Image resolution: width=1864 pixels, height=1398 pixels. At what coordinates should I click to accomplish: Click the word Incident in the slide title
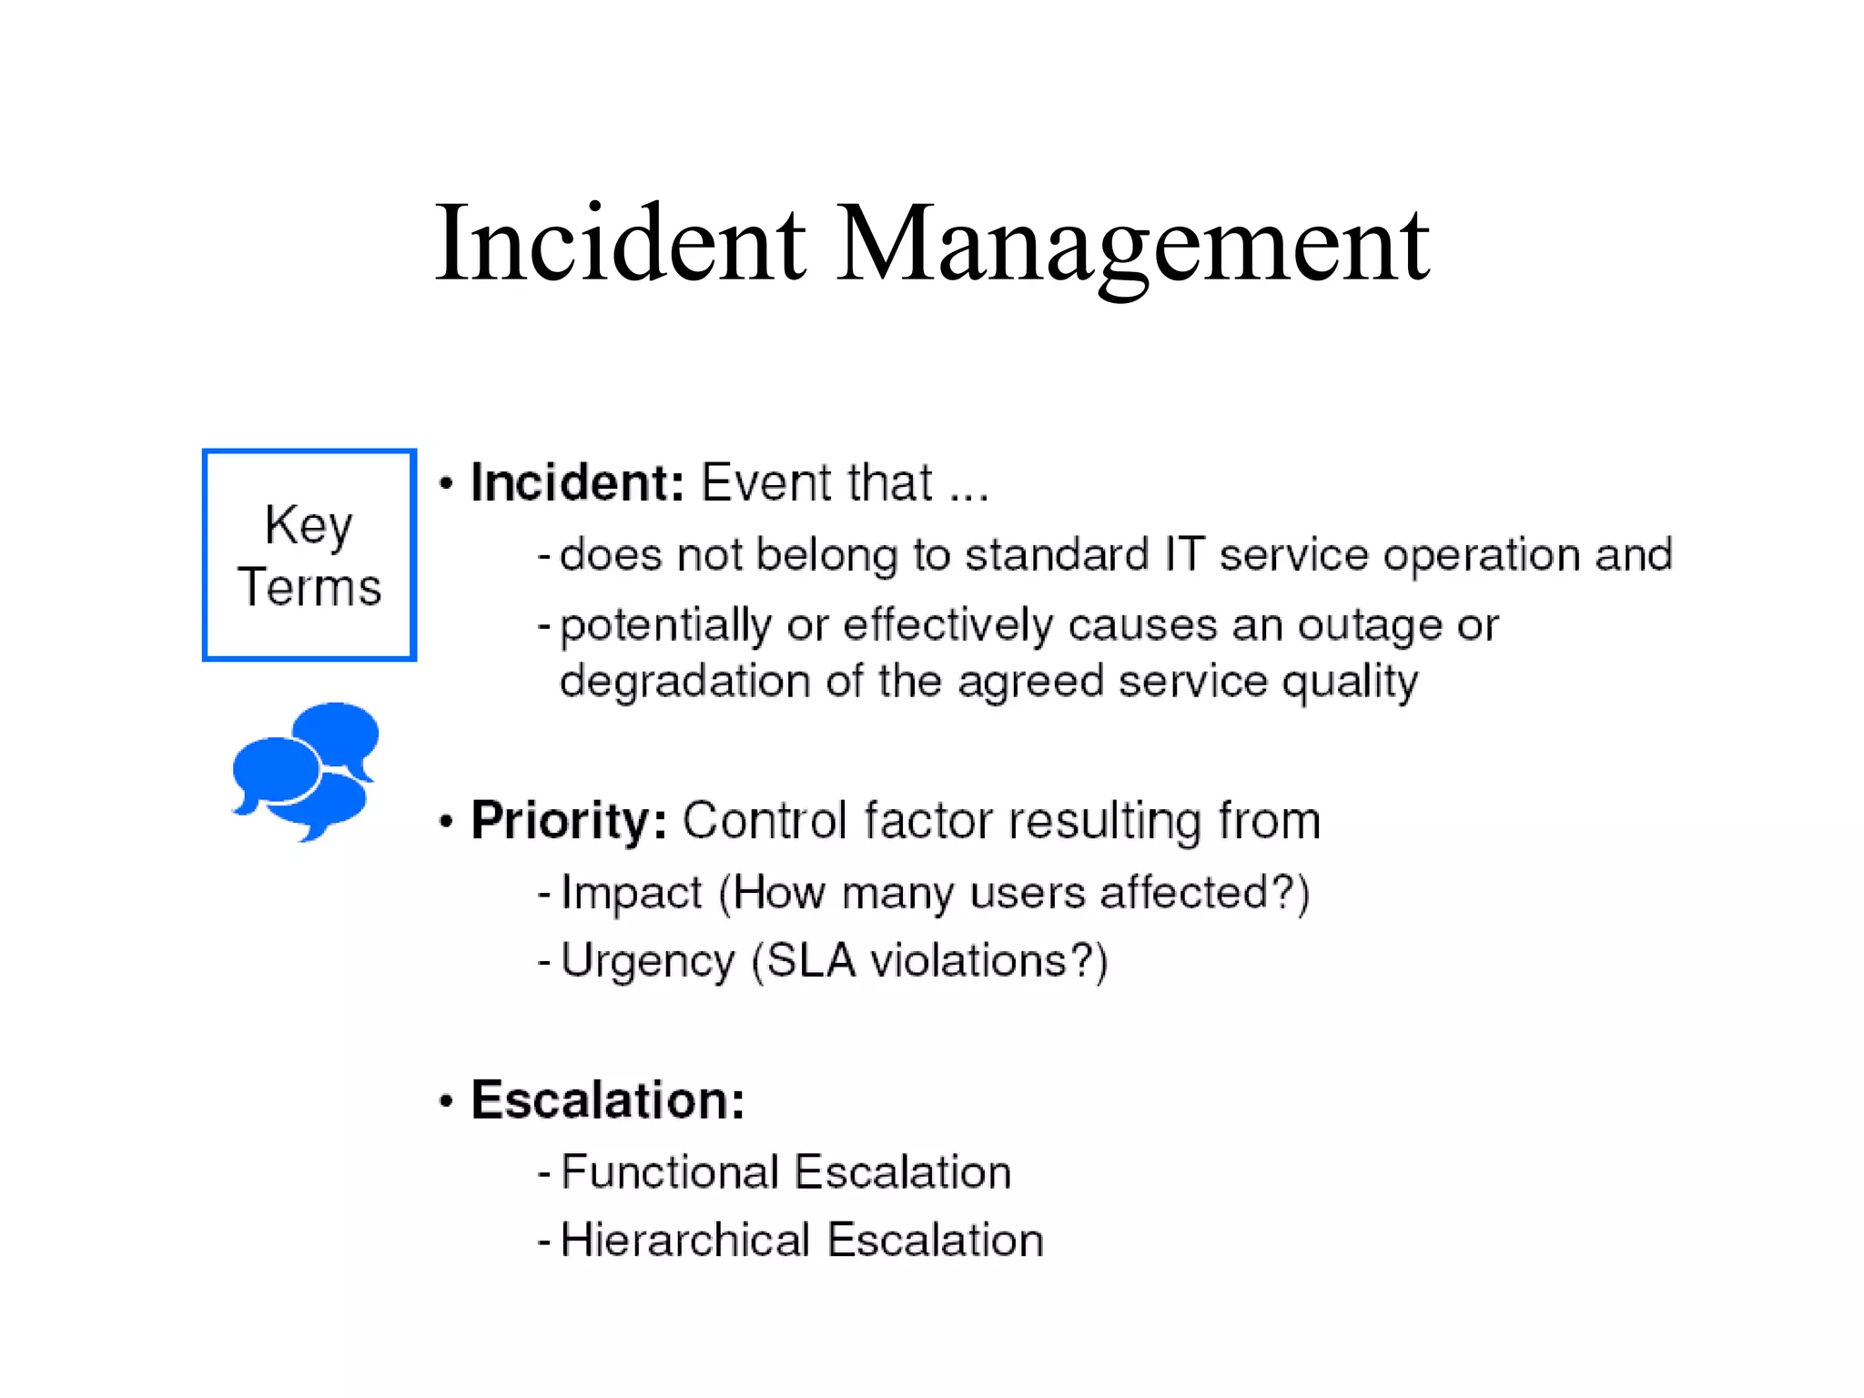point(620,244)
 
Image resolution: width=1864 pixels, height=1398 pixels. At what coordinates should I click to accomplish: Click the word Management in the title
point(1133,244)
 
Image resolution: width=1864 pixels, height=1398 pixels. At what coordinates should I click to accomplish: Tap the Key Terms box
point(309,554)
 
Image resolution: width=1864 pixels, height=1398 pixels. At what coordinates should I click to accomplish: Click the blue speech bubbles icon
point(306,770)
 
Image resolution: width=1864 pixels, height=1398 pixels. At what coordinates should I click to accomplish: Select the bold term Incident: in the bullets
point(577,482)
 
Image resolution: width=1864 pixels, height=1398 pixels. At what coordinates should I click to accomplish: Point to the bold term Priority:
point(569,821)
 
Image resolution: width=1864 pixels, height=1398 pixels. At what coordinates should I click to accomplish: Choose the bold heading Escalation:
point(607,1100)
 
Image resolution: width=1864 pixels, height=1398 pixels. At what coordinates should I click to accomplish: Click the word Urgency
point(648,962)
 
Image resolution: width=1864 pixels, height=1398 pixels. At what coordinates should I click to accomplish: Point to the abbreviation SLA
point(811,961)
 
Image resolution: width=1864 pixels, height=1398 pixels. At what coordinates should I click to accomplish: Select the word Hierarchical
point(685,1241)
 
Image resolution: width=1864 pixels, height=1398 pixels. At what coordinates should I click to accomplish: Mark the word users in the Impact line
point(1028,893)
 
